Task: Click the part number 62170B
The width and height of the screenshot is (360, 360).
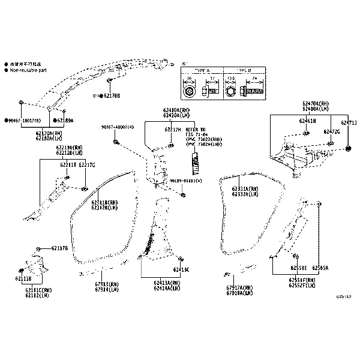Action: (x=112, y=95)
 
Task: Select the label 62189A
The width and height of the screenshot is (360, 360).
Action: (x=65, y=120)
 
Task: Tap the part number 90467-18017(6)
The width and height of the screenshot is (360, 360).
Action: (x=25, y=120)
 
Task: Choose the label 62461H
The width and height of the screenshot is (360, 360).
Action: (x=307, y=121)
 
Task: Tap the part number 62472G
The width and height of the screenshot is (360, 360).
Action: (x=331, y=131)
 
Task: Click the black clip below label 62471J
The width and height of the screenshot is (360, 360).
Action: (x=349, y=148)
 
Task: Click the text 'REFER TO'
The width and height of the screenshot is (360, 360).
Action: (x=195, y=130)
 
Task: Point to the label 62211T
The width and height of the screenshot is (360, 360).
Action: (x=67, y=164)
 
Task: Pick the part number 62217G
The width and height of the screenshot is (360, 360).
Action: (x=88, y=164)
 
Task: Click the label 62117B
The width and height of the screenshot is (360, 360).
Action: (x=59, y=248)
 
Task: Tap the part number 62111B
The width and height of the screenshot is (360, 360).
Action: (x=23, y=279)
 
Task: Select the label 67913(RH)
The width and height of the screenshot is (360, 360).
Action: (x=107, y=284)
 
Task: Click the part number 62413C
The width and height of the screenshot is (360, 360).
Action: (x=181, y=270)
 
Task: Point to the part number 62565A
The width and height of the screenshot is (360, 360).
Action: (x=320, y=268)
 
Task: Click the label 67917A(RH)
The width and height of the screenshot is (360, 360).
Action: (x=239, y=287)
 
